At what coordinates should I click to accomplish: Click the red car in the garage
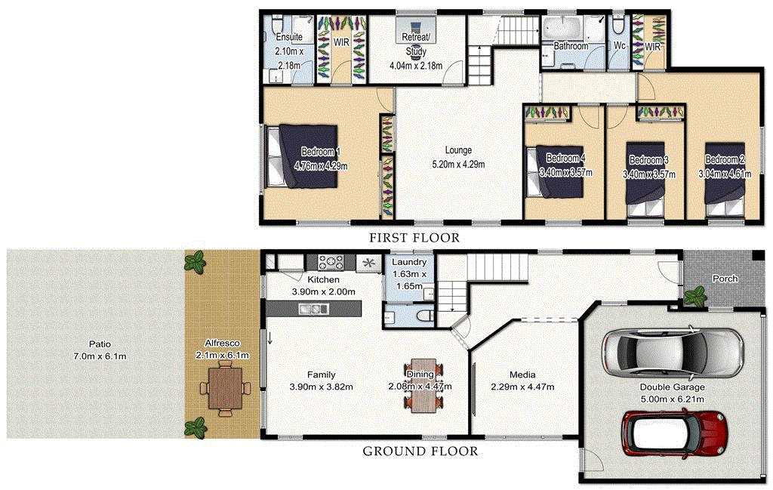coord(673,434)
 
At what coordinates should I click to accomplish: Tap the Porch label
coord(725,279)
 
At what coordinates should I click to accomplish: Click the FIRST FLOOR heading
coord(414,238)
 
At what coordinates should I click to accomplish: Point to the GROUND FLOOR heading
coord(420,451)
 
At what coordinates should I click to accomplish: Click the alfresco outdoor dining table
coord(224,387)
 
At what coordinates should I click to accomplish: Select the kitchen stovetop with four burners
coord(330,263)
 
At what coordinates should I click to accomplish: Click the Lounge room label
coord(457,149)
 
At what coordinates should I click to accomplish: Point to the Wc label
coord(620,46)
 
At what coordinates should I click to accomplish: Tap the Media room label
coord(522,374)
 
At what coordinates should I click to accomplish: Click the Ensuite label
coord(289,37)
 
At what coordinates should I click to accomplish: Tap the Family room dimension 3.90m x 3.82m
coord(321,387)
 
